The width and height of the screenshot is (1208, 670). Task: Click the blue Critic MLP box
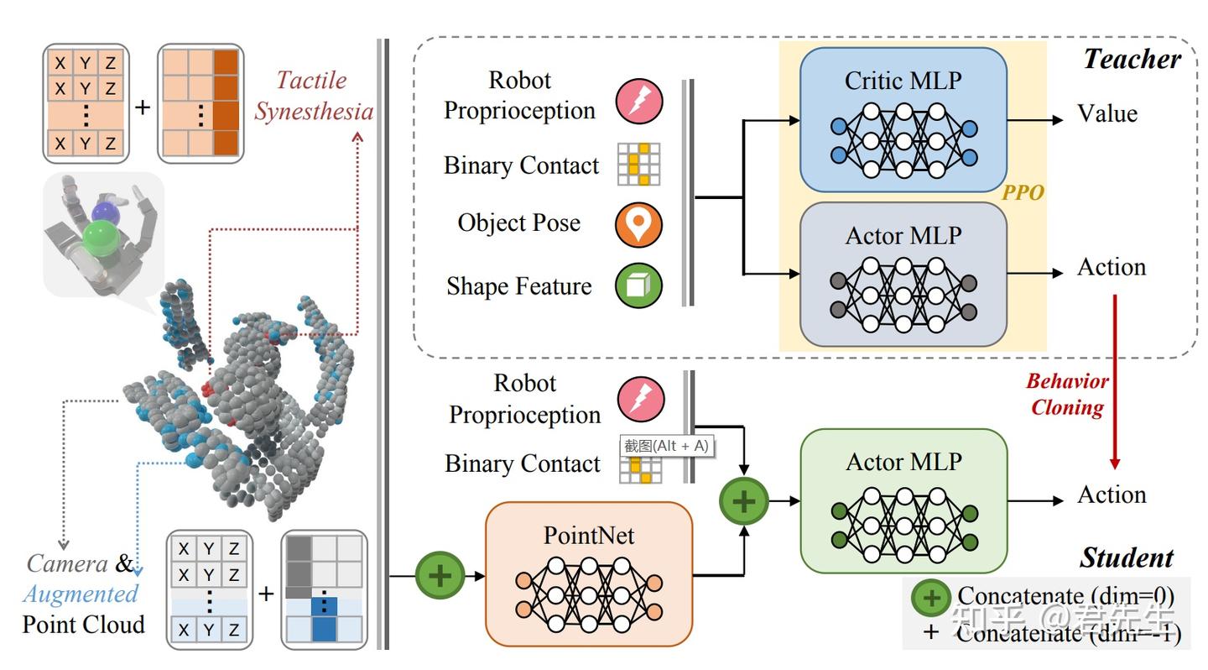903,119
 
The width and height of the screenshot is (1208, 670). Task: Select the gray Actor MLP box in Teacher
903,274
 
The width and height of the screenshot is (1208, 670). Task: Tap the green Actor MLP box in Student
903,500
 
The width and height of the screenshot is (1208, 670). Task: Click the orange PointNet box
589,573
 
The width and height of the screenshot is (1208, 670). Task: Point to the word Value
1107,114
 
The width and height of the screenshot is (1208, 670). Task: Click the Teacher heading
1132,59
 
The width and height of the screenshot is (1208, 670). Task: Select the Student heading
1127,557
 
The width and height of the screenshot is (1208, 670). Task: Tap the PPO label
1023,193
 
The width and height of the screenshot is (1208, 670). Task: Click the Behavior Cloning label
1067,395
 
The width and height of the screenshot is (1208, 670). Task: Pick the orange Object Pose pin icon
639,224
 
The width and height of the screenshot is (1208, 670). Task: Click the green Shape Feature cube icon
639,286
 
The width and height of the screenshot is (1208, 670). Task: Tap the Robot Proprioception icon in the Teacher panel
640,98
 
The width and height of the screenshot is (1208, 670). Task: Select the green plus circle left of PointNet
440,575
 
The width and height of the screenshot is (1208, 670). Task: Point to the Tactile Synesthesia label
314,96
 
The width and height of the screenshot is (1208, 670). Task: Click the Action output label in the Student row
1112,495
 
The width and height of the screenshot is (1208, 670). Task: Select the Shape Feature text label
518,286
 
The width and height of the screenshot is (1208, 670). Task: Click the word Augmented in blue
81,594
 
